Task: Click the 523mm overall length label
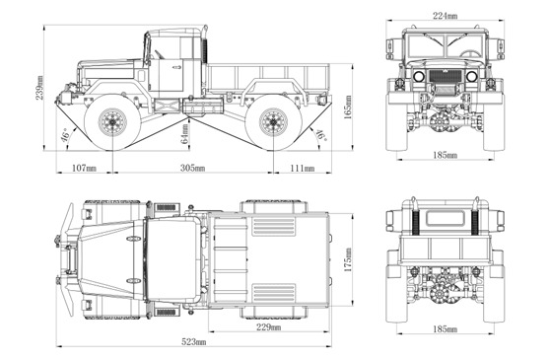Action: (x=194, y=341)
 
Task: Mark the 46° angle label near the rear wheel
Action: (x=320, y=135)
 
